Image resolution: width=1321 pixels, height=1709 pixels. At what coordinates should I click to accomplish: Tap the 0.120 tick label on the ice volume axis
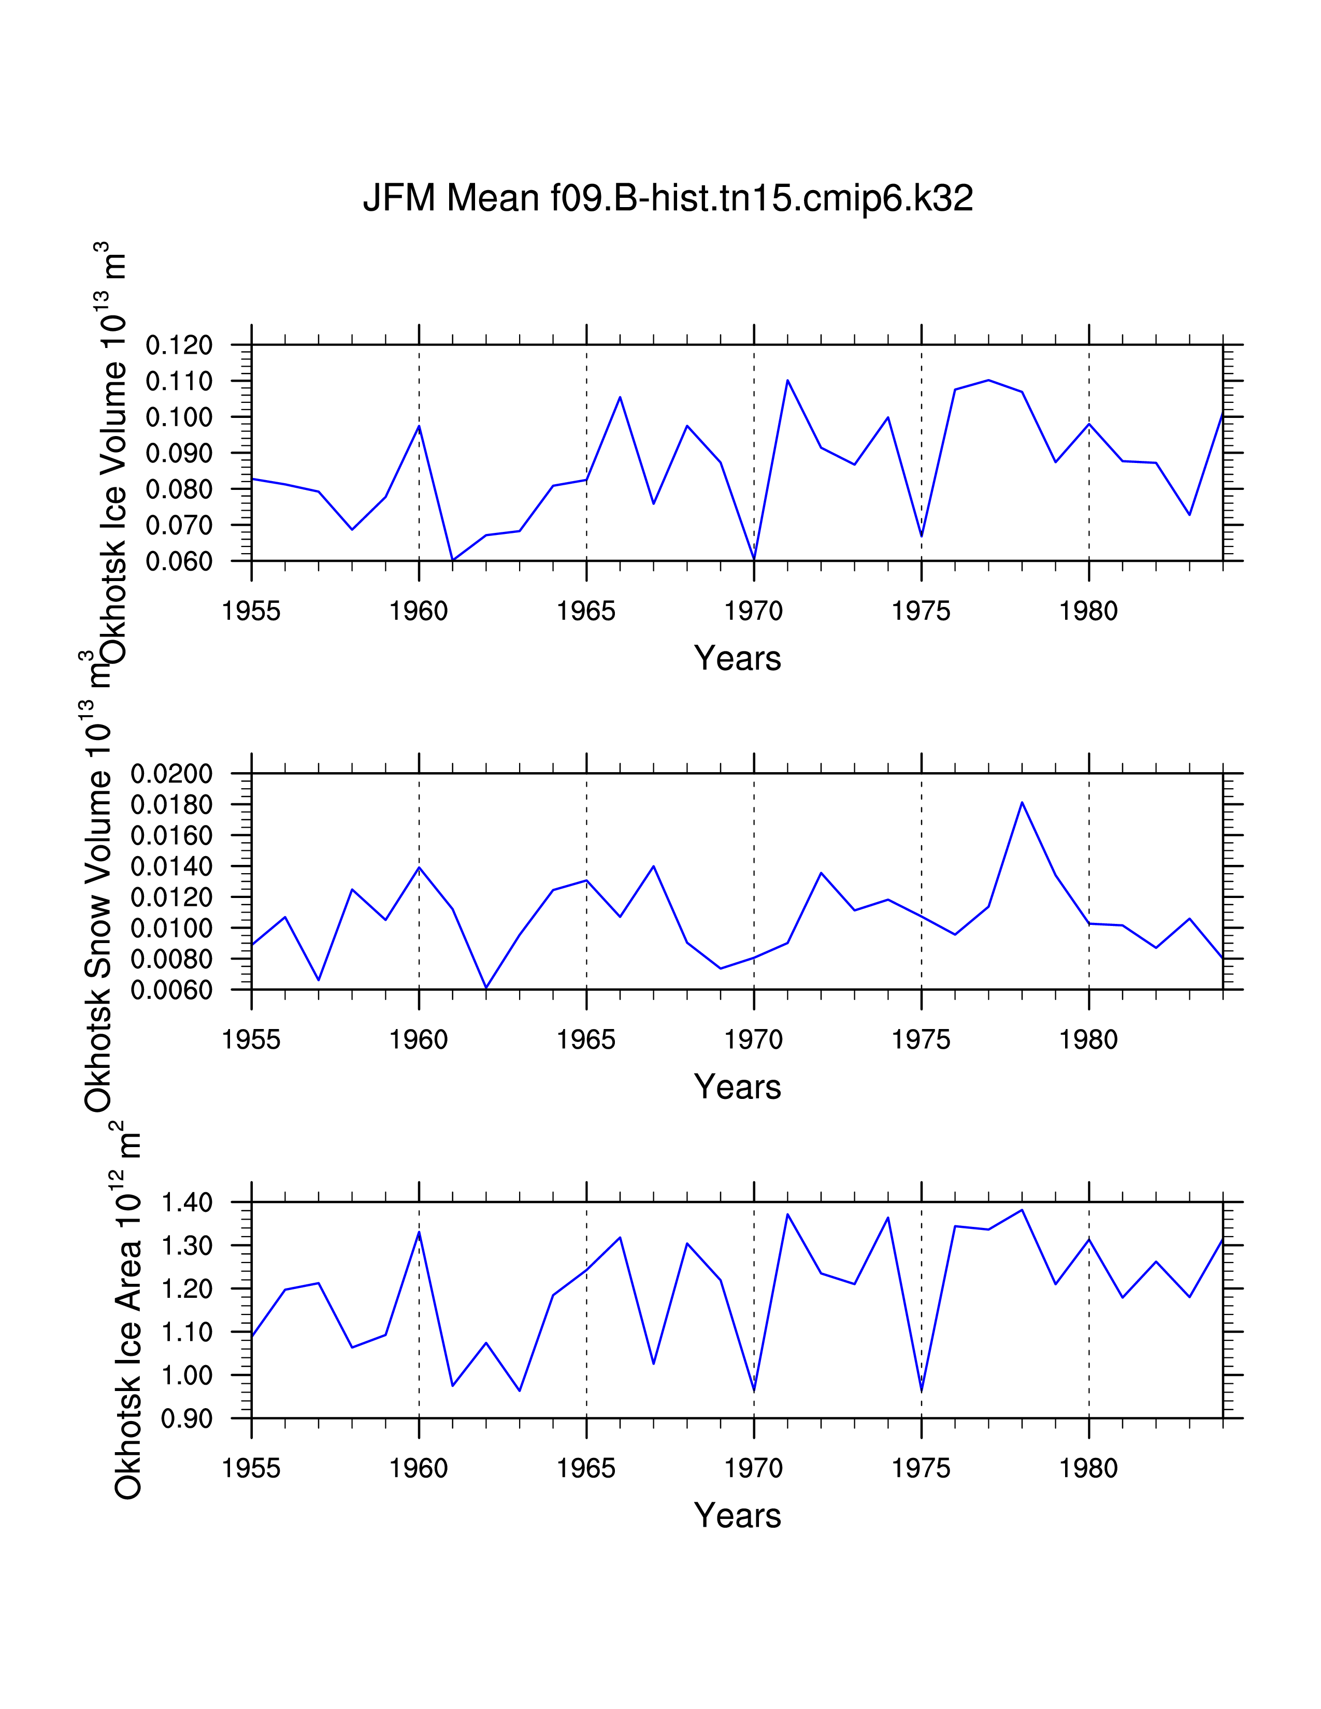point(179,345)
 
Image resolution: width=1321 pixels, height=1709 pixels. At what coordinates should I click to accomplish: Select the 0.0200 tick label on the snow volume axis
point(171,774)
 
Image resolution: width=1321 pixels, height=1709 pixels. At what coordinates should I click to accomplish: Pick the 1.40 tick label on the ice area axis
point(187,1202)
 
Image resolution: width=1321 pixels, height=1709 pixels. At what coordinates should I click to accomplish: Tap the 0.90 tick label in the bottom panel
point(187,1418)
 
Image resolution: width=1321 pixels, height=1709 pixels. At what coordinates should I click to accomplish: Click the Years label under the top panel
point(737,659)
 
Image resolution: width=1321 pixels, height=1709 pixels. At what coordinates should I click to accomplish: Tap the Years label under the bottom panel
point(737,1516)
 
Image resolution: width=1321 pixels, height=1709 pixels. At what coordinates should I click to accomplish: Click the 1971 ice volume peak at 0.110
point(787,380)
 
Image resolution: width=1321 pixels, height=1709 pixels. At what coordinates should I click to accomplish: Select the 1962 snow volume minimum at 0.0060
point(486,988)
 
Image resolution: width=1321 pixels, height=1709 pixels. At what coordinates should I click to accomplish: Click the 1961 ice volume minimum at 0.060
point(452,560)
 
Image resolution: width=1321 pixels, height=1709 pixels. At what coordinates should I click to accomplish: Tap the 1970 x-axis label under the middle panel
point(754,1040)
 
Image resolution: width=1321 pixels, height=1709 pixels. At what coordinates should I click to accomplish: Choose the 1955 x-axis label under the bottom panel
point(251,1468)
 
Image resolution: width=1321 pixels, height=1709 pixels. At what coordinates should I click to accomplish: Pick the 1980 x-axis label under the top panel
point(1088,611)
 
